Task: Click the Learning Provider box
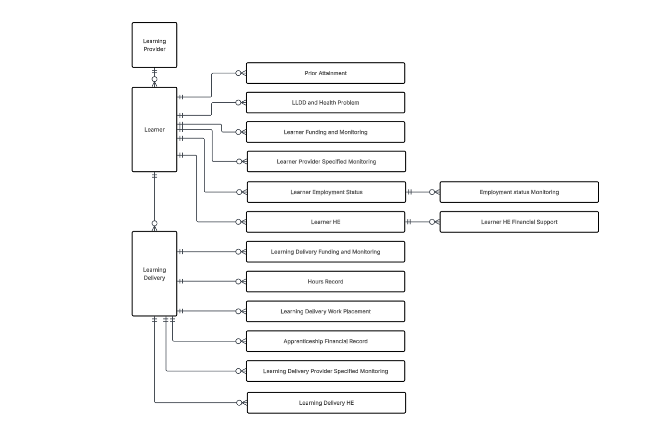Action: click(x=154, y=45)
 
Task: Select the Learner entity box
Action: click(x=154, y=129)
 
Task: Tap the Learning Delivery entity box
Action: click(x=154, y=274)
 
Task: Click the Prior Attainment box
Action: click(x=326, y=73)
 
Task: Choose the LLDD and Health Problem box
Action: click(x=326, y=103)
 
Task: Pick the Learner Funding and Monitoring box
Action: click(x=326, y=132)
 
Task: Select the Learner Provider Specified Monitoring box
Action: click(x=326, y=162)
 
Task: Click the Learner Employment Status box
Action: click(x=326, y=192)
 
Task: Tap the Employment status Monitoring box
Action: click(x=519, y=192)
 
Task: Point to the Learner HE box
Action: click(x=326, y=222)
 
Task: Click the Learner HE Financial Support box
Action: click(x=519, y=222)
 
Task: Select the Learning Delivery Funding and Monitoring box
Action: click(x=326, y=252)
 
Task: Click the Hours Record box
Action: click(x=326, y=281)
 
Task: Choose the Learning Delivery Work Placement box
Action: click(x=326, y=311)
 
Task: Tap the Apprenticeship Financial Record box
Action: click(x=326, y=341)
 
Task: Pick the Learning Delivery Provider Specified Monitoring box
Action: click(x=326, y=371)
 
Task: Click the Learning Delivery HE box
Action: click(x=326, y=403)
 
